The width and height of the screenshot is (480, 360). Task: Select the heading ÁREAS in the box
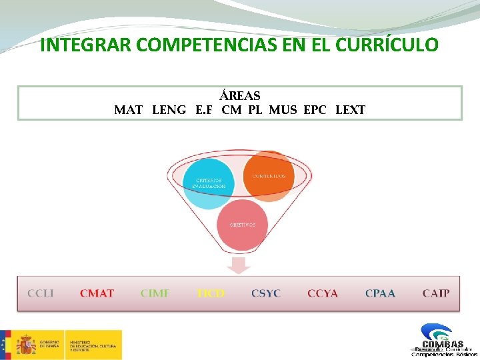[240, 97]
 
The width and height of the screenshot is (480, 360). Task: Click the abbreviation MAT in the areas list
[129, 110]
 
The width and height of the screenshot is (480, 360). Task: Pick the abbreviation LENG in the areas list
[169, 110]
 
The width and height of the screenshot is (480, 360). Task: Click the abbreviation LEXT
[351, 110]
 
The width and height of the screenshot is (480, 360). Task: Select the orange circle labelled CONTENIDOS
[268, 175]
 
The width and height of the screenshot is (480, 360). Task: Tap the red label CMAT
[97, 293]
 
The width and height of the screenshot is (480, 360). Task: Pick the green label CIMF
[155, 293]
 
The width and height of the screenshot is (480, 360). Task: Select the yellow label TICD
[211, 293]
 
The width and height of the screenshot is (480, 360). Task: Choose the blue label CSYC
[266, 293]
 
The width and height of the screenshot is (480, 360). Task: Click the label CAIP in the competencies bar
[436, 293]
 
